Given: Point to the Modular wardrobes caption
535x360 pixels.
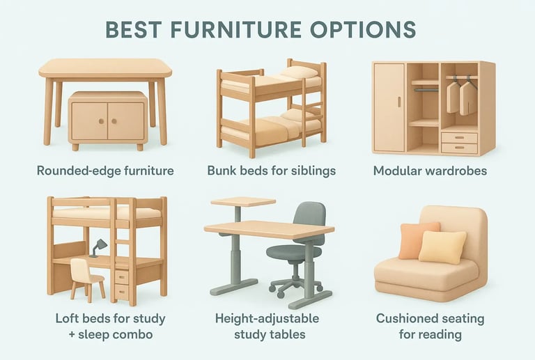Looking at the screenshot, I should point(431,169).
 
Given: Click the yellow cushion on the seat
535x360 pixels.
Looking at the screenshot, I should point(442,246).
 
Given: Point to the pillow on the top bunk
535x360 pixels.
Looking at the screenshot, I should point(300,72).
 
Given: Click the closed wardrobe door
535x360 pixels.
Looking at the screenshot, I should point(389,107).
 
